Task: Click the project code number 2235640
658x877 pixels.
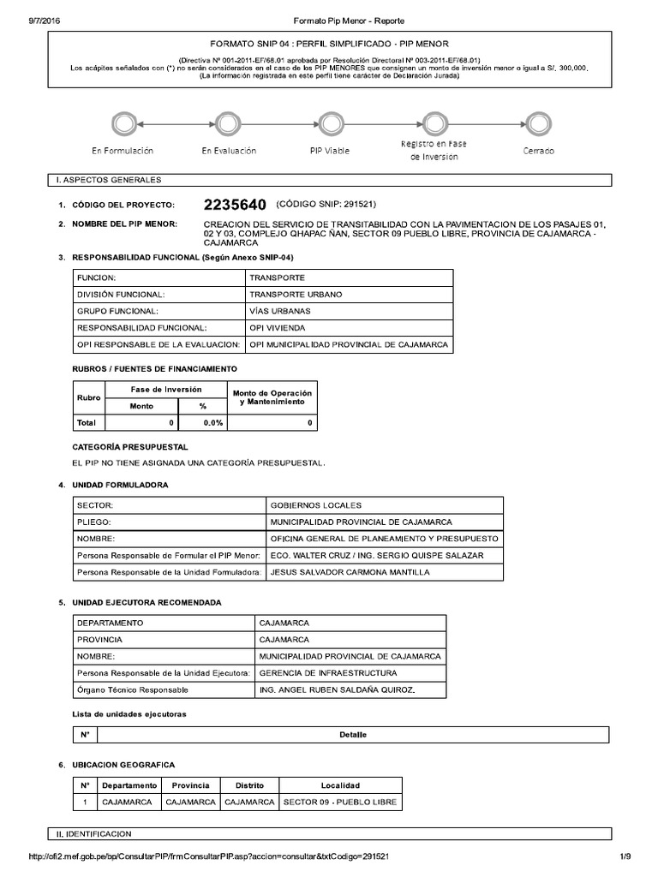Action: (x=236, y=206)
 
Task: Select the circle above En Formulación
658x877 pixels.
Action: (x=123, y=123)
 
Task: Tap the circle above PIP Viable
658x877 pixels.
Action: (x=330, y=123)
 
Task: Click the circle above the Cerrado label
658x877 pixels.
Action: (x=538, y=123)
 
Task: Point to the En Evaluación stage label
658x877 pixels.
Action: (x=229, y=151)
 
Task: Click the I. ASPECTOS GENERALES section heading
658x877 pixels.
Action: (x=107, y=180)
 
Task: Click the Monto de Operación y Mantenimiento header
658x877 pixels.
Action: (x=272, y=397)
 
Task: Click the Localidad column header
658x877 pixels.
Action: (x=340, y=785)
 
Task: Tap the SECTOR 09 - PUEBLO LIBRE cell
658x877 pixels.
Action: (x=339, y=802)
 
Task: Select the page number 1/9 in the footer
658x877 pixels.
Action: (x=625, y=856)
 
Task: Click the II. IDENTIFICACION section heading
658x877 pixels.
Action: (x=92, y=833)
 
